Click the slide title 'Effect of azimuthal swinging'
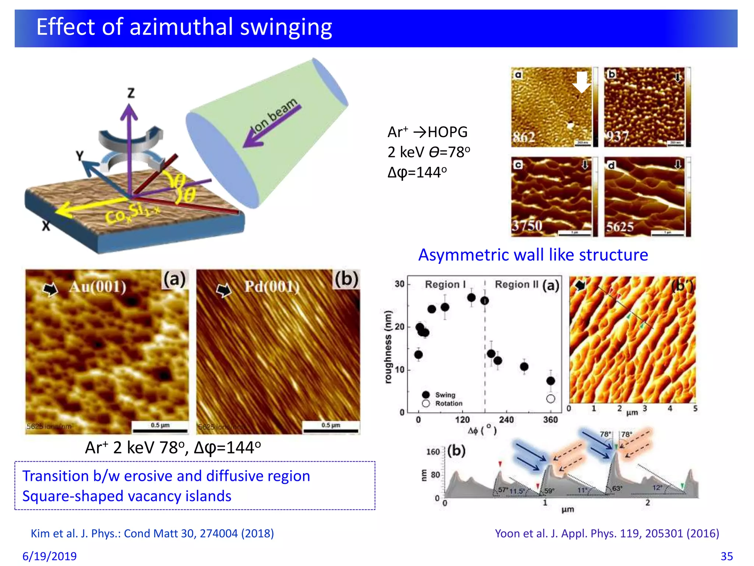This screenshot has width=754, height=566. pyautogui.click(x=184, y=27)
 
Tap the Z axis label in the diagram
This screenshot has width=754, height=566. pyautogui.click(x=131, y=92)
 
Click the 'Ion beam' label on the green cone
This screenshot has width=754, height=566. pyautogui.click(x=274, y=115)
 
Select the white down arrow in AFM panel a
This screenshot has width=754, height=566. pyautogui.click(x=581, y=82)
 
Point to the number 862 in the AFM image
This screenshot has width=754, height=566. pyautogui.click(x=524, y=137)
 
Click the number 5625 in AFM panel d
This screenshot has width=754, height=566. pyautogui.click(x=620, y=227)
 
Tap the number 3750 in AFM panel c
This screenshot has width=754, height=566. pyautogui.click(x=527, y=226)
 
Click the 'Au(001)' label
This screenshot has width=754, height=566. pyautogui.click(x=98, y=286)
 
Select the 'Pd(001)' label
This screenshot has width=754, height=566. pyautogui.click(x=272, y=286)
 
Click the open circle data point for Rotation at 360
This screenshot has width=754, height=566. pyautogui.click(x=550, y=399)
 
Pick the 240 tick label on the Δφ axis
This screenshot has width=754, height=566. pyautogui.click(x=506, y=420)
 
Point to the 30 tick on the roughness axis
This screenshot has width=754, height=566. pyautogui.click(x=399, y=284)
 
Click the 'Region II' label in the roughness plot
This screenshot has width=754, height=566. pyautogui.click(x=516, y=284)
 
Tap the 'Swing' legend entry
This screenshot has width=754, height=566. pyautogui.click(x=445, y=395)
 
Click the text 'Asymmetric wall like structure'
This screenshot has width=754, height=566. pyautogui.click(x=533, y=255)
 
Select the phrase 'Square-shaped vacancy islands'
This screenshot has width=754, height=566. pyautogui.click(x=127, y=496)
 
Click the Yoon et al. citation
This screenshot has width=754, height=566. pyautogui.click(x=607, y=533)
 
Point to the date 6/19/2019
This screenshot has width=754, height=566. pyautogui.click(x=50, y=556)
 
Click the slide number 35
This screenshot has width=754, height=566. pyautogui.click(x=726, y=556)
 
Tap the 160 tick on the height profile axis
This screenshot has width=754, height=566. pyautogui.click(x=433, y=452)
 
